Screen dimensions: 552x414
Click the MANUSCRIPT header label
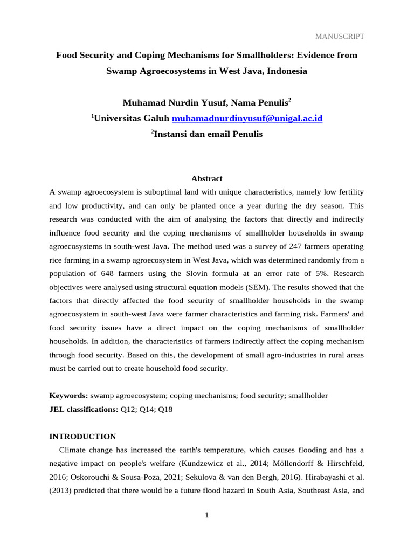(x=340, y=37)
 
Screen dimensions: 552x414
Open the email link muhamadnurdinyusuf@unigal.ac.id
(x=247, y=118)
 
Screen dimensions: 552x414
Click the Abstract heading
(x=207, y=178)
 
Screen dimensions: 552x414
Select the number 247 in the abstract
(x=280, y=246)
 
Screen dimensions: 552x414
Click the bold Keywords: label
(x=69, y=396)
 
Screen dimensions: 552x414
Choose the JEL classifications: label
(x=84, y=410)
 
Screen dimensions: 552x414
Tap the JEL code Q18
(x=165, y=410)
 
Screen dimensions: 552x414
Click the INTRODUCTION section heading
(x=82, y=437)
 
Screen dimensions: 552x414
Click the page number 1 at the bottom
(x=206, y=515)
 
